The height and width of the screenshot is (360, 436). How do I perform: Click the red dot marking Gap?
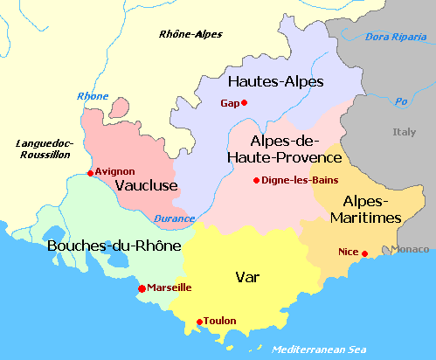[245, 103]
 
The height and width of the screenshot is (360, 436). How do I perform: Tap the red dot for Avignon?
[91, 173]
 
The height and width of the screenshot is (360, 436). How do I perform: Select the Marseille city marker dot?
[142, 288]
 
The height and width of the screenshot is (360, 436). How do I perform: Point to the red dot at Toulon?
[199, 321]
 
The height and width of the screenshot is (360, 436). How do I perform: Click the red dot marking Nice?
[364, 253]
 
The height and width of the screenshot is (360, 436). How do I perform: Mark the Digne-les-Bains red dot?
[256, 181]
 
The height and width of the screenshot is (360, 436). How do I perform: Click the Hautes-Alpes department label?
[275, 82]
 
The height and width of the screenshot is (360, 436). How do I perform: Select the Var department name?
[246, 278]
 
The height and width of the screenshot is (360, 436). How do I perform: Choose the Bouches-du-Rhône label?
[114, 246]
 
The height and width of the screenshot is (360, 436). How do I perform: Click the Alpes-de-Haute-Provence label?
[283, 149]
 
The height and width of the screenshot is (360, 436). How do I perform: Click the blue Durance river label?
[174, 218]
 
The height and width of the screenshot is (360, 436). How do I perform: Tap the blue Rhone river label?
[93, 96]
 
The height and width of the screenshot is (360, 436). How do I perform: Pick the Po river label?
[402, 100]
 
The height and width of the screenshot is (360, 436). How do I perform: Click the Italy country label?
[404, 132]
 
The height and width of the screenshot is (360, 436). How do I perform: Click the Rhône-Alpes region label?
[190, 34]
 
